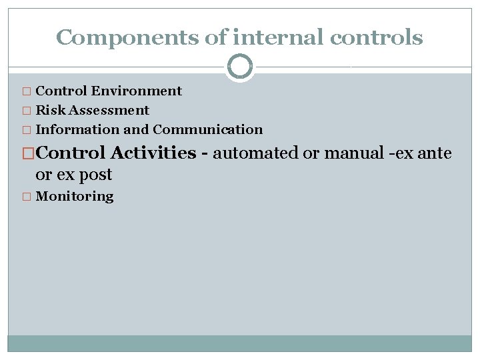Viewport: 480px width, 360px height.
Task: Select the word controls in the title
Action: pos(379,37)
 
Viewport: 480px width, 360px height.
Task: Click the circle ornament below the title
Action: pos(240,67)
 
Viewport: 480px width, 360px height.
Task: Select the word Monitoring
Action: pos(75,197)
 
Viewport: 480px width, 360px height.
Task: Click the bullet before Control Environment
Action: pos(26,91)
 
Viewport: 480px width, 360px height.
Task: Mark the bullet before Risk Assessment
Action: pos(26,111)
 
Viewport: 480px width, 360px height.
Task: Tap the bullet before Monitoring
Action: pos(26,197)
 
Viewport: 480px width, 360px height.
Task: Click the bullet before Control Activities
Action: pos(28,153)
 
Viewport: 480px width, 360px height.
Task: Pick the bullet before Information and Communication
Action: pos(26,130)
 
